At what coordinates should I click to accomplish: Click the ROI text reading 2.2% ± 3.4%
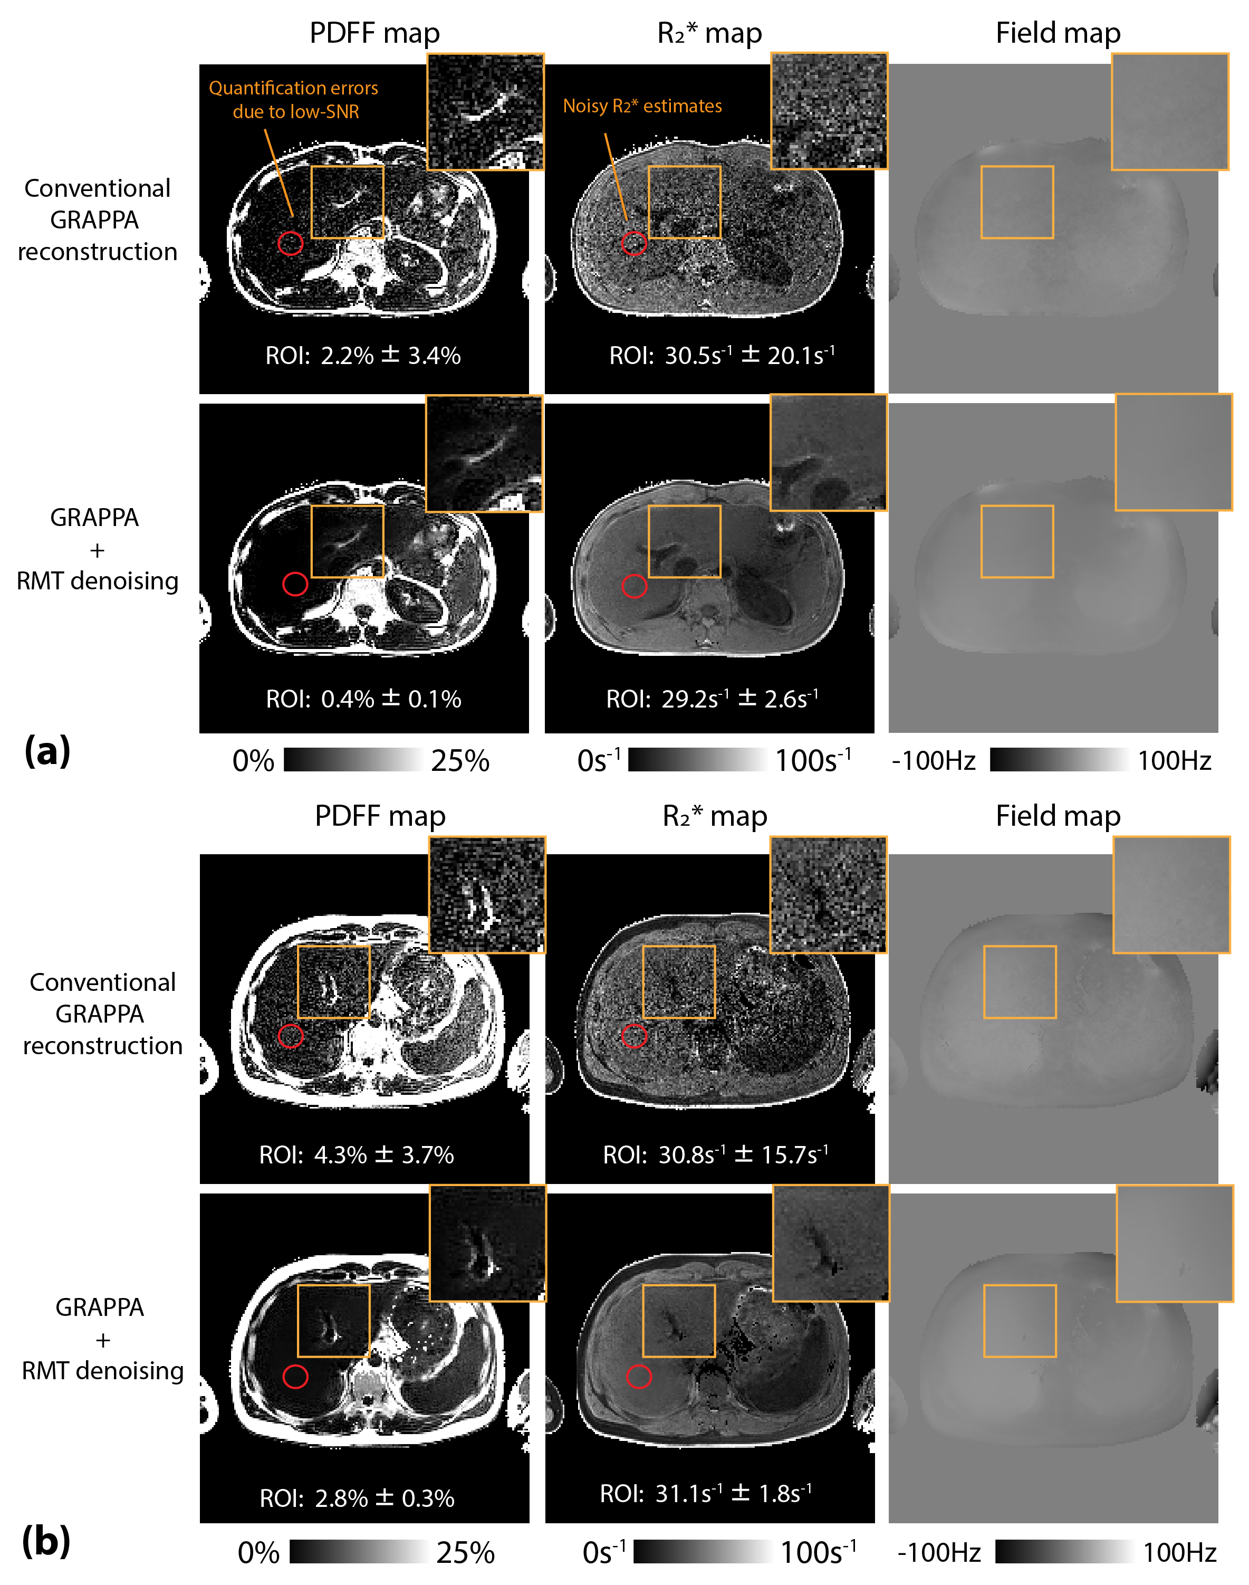point(363,356)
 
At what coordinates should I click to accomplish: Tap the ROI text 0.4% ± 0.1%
point(363,699)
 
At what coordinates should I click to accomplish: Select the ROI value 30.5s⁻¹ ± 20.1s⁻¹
point(722,356)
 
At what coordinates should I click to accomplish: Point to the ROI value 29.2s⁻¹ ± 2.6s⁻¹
point(712,699)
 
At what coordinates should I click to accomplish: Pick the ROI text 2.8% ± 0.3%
point(357,1498)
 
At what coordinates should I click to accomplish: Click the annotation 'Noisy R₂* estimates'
point(642,106)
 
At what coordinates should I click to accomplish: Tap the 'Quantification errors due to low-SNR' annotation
point(294,100)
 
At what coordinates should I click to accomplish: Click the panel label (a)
point(47,751)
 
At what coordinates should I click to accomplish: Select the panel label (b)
point(46,1541)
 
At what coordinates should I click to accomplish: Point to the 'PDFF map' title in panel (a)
point(374,33)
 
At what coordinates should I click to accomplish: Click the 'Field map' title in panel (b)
point(1058,816)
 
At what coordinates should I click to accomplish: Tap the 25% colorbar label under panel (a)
point(460,761)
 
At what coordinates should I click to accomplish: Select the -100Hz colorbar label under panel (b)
point(939,1552)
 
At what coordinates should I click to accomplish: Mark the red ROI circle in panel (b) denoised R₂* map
point(639,1377)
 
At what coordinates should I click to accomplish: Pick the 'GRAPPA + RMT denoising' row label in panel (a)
point(97,549)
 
